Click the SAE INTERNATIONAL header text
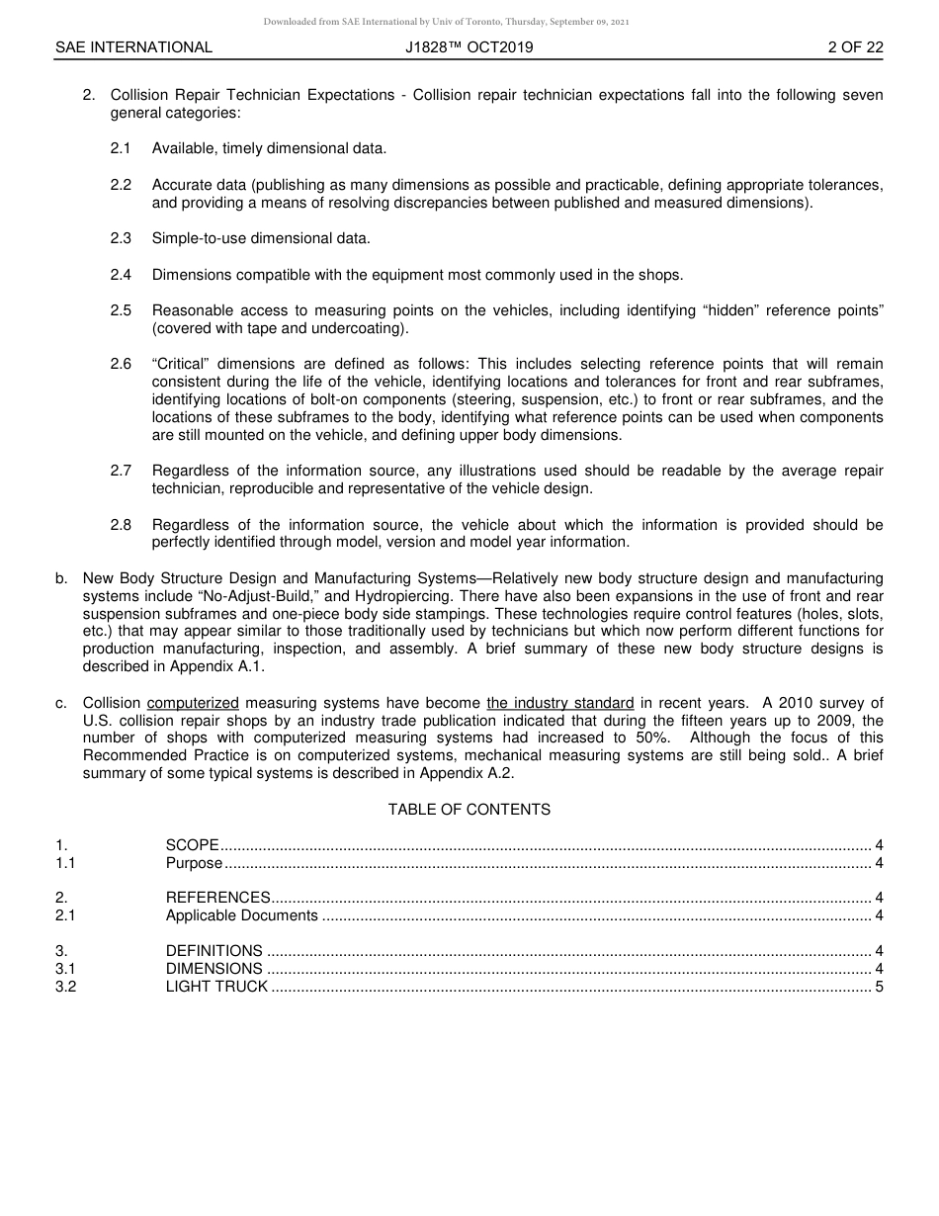(x=133, y=47)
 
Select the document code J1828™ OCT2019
(x=469, y=47)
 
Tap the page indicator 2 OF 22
(x=855, y=47)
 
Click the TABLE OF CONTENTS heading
(x=469, y=810)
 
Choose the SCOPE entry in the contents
(x=192, y=845)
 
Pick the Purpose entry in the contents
(x=194, y=863)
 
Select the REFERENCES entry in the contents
(x=217, y=898)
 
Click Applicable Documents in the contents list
(x=241, y=915)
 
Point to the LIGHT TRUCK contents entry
(x=216, y=987)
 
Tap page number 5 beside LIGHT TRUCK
(x=879, y=987)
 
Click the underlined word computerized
(x=193, y=704)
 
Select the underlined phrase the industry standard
(x=559, y=704)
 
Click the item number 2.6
(x=121, y=364)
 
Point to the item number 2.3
(x=121, y=238)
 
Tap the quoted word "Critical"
(x=181, y=364)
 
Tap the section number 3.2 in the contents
(x=65, y=987)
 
